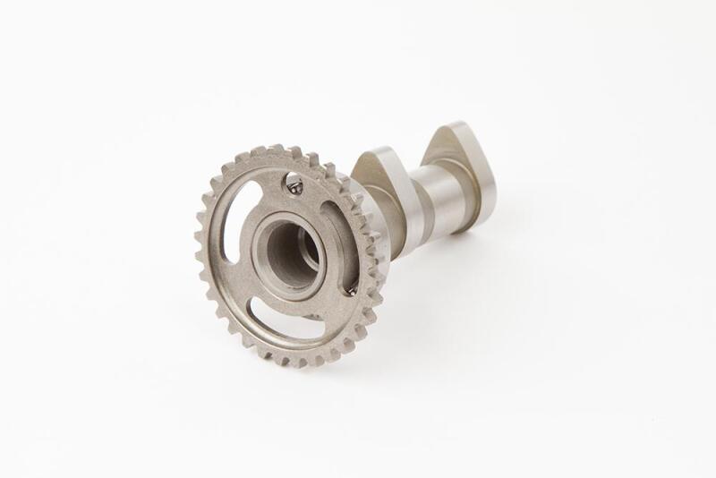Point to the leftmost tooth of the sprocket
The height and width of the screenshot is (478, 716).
point(200,256)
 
